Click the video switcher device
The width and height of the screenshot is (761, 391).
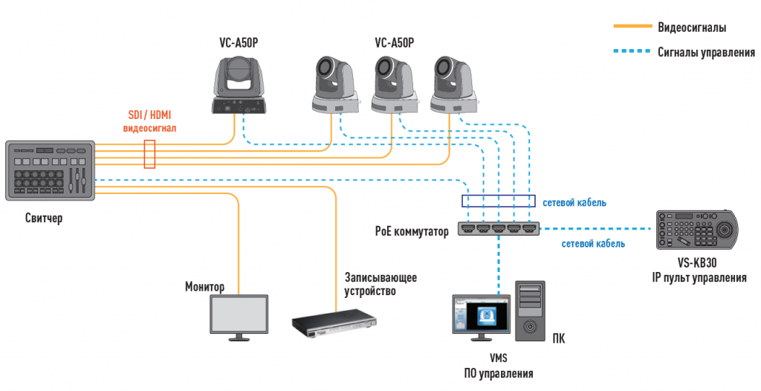coord(50,170)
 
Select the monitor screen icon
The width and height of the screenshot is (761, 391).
coord(239,316)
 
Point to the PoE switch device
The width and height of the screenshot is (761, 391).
coord(498,230)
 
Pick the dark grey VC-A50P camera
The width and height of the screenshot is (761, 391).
coord(239,85)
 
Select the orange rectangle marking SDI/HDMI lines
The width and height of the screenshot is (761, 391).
coord(150,154)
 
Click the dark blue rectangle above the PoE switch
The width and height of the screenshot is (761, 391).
coord(498,201)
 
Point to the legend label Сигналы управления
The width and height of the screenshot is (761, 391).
coord(706,53)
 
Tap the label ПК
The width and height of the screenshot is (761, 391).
coord(558,340)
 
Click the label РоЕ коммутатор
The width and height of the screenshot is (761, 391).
coord(412,232)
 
